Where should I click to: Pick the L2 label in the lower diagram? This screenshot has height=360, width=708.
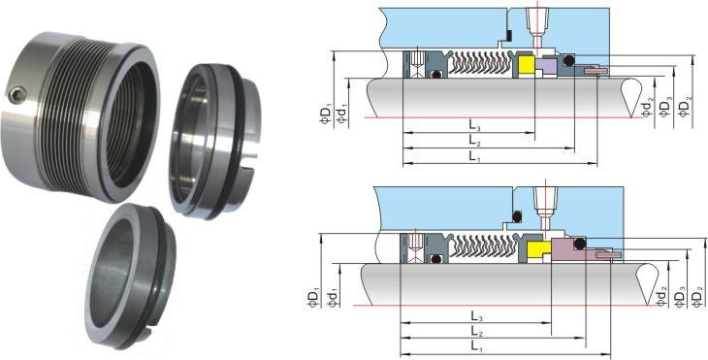tap(473, 332)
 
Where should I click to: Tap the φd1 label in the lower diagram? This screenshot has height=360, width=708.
tap(334, 298)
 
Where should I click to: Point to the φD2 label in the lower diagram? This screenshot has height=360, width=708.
tap(699, 297)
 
